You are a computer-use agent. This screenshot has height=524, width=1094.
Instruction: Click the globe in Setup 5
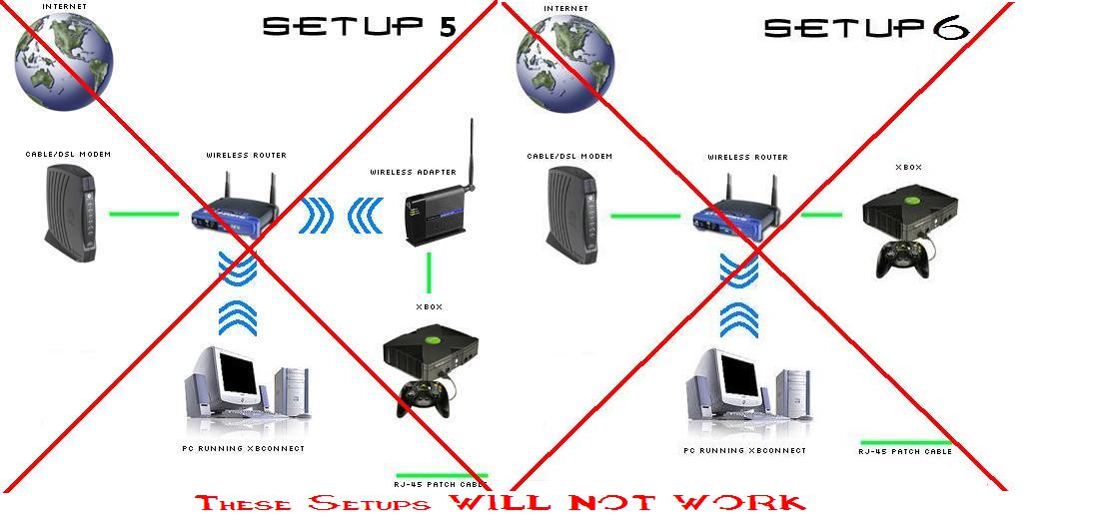[63, 55]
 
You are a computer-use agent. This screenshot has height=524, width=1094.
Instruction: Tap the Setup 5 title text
[359, 27]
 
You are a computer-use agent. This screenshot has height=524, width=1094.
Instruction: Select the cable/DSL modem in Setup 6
[570, 212]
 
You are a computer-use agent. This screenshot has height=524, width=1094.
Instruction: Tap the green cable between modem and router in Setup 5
[143, 213]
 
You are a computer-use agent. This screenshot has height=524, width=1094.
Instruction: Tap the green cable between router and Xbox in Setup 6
[821, 213]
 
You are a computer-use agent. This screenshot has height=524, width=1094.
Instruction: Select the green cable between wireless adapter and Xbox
[429, 271]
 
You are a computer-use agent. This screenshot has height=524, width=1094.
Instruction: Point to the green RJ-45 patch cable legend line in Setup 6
[905, 441]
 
